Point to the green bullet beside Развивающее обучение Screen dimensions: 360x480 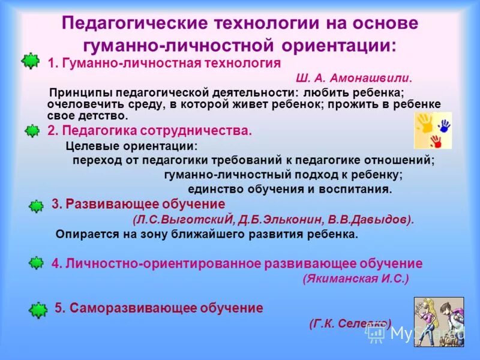point(36,205)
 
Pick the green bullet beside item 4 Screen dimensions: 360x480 point(36,262)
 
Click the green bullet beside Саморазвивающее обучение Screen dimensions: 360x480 point(38,310)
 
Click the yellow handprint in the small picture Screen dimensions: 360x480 point(425,123)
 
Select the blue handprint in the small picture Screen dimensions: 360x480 point(443,126)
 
